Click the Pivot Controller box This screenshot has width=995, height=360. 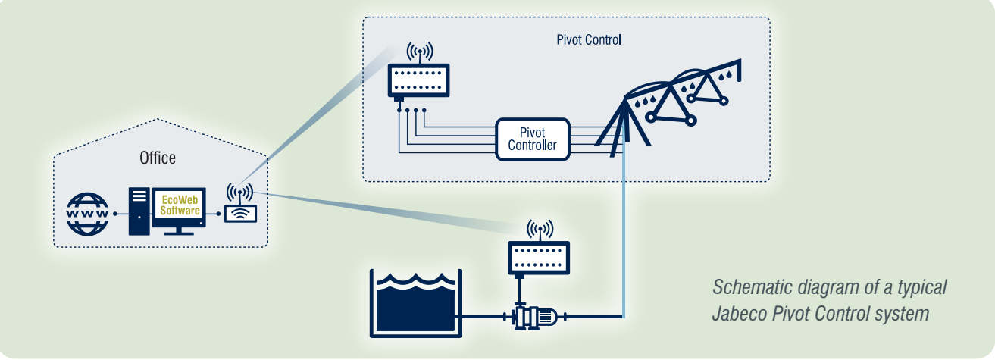click(532, 139)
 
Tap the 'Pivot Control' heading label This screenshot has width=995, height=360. click(588, 39)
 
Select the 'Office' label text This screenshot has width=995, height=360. click(158, 158)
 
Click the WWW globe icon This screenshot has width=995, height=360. click(88, 214)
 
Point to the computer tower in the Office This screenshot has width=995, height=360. click(139, 211)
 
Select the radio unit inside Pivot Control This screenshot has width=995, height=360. click(419, 80)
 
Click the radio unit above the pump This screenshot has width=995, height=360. click(539, 258)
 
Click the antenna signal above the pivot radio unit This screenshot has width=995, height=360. click(419, 52)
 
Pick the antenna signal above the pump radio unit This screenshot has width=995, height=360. click(540, 229)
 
